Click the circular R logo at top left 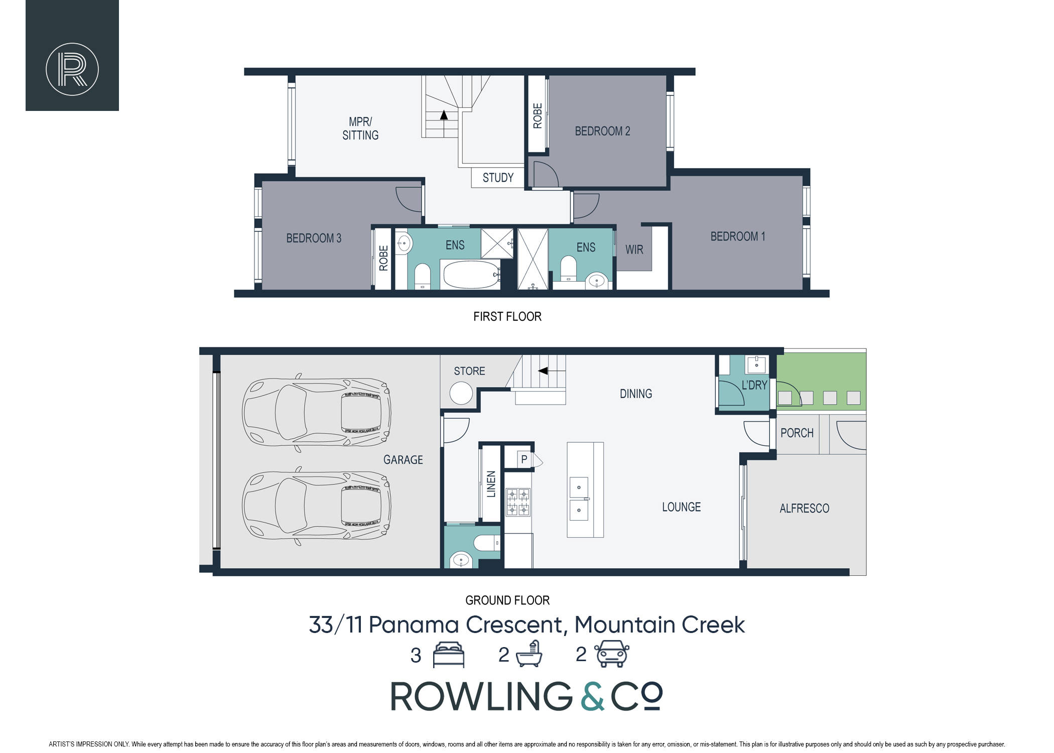[72, 69]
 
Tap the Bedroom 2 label [602, 132]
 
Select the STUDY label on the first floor [498, 178]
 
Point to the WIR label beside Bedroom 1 [634, 249]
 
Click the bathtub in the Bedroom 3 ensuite [470, 274]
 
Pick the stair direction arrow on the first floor [444, 115]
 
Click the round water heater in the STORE [461, 393]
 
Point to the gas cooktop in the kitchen [517, 502]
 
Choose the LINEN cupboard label [491, 484]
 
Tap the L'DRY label [754, 385]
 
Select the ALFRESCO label [804, 509]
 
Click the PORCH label [797, 433]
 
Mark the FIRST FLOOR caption [507, 317]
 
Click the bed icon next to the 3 [449, 655]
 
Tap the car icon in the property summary [612, 654]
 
